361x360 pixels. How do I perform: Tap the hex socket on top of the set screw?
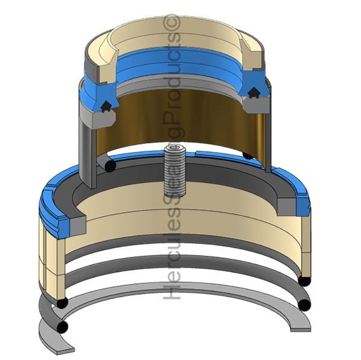175,149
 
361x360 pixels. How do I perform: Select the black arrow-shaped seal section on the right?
253,93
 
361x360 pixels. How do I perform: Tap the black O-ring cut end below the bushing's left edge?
110,166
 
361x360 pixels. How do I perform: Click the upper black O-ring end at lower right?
305,280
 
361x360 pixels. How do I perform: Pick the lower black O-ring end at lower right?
304,305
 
